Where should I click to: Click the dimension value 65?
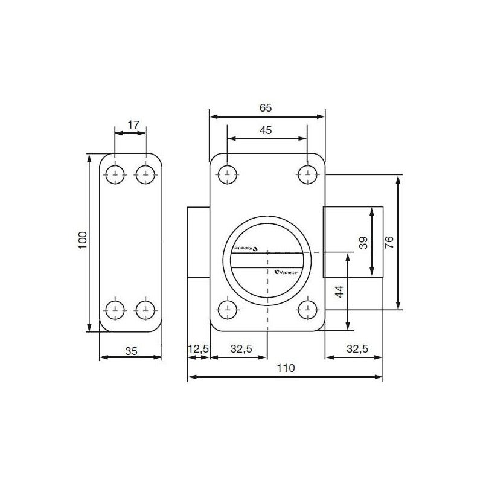pyautogui.click(x=266, y=108)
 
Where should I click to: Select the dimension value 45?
pyautogui.click(x=266, y=130)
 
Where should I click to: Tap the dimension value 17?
pyautogui.click(x=134, y=125)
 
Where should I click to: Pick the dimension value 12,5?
pyautogui.click(x=198, y=348)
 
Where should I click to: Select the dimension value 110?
pyautogui.click(x=284, y=368)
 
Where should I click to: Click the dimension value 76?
pyautogui.click(x=389, y=243)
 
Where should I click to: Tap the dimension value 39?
pyautogui.click(x=362, y=243)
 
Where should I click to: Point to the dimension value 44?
pyautogui.click(x=339, y=292)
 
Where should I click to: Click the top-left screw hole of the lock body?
pyautogui.click(x=228, y=174)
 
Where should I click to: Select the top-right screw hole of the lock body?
pyautogui.click(x=307, y=174)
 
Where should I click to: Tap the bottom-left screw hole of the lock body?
pyautogui.click(x=228, y=309)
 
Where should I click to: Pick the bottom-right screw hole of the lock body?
pyautogui.click(x=307, y=309)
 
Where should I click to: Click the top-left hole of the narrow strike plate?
pyautogui.click(x=115, y=174)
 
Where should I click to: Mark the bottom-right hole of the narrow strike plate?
pyautogui.click(x=145, y=310)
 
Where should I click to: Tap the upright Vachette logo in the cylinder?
pyautogui.click(x=286, y=273)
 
